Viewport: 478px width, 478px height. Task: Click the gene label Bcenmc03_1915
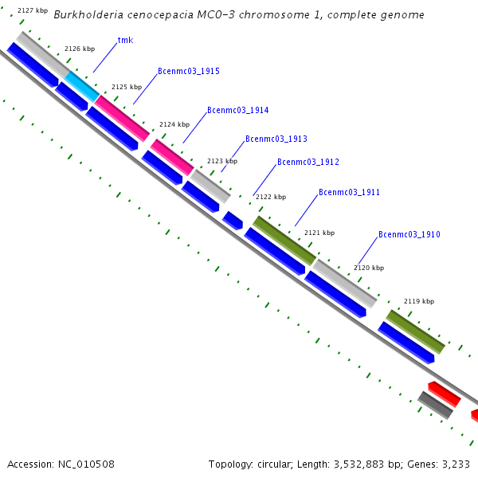189,71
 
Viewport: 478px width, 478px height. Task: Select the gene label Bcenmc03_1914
238,110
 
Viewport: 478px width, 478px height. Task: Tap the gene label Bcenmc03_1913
276,139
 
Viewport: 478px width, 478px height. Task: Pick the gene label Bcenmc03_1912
308,163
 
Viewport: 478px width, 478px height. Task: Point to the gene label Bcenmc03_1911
350,192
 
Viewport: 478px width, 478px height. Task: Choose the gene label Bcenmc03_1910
409,234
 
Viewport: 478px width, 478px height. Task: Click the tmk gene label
125,40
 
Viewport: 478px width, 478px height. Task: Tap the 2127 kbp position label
32,10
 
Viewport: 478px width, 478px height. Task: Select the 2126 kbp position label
80,49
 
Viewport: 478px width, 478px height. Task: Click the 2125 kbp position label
127,87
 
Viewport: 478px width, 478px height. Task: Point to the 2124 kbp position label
174,124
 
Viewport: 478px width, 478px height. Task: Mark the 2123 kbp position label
222,161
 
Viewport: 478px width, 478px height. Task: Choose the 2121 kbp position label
319,233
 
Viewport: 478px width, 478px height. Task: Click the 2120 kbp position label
369,268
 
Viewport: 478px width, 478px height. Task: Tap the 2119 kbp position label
419,301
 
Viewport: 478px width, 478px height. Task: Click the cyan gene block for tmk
82,86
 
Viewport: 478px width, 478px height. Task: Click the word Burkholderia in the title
90,15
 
